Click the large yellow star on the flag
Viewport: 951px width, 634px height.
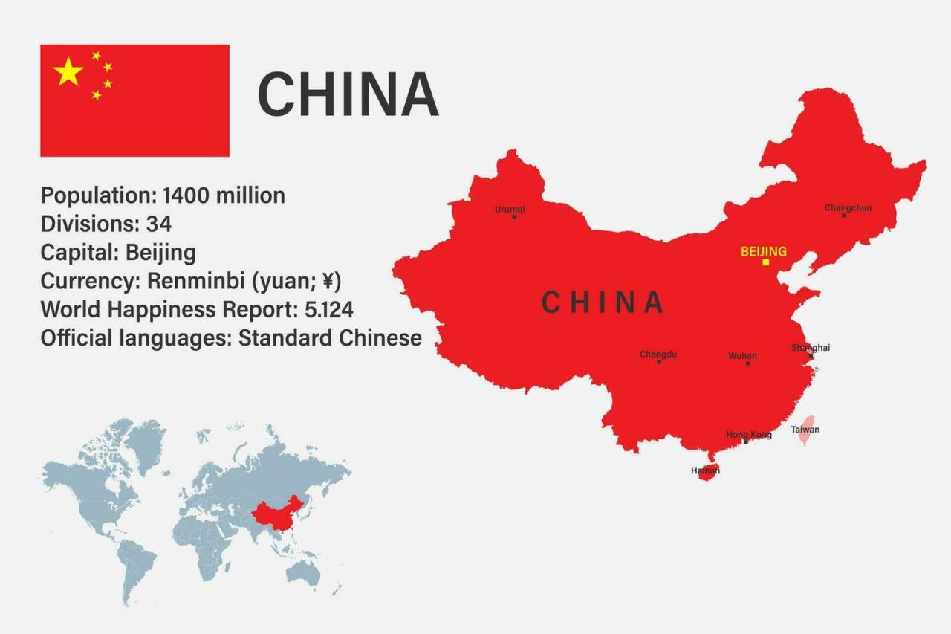[68, 72]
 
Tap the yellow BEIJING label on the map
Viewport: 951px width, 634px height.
[763, 251]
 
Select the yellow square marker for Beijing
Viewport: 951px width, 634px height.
[765, 262]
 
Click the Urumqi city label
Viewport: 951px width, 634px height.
[510, 209]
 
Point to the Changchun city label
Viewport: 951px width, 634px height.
[848, 207]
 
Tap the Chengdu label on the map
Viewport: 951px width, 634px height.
[658, 355]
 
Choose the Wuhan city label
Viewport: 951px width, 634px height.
[742, 356]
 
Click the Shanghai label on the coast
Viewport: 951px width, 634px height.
[810, 347]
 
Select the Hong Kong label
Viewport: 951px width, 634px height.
[748, 434]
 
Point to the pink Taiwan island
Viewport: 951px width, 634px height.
[805, 432]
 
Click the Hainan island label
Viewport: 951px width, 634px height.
[705, 470]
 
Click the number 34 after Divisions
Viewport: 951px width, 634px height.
[158, 224]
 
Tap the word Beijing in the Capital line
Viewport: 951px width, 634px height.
[160, 253]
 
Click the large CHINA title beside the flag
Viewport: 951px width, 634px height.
[348, 94]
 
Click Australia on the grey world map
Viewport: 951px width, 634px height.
[302, 572]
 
